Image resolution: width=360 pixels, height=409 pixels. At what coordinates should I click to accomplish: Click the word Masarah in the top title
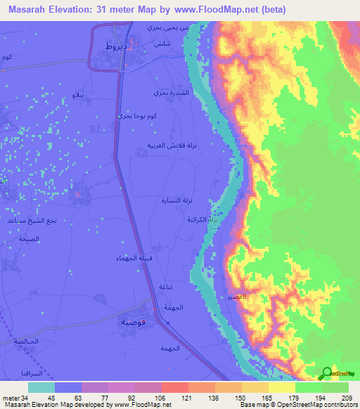(x=32, y=9)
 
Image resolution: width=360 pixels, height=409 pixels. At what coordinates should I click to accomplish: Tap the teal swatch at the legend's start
(x=41, y=387)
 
